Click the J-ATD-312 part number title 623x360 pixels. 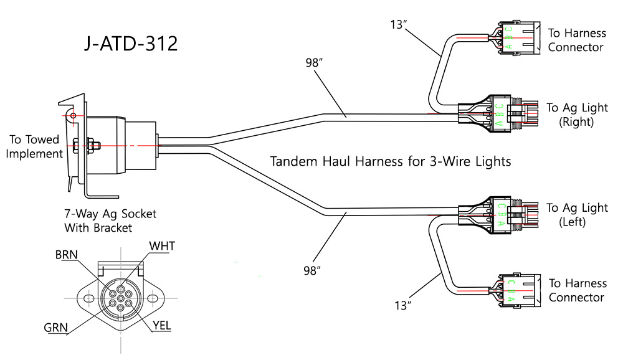[x=131, y=44]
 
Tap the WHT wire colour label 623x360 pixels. [x=161, y=246]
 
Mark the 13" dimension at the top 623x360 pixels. [x=399, y=25]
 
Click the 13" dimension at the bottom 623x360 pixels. [x=404, y=305]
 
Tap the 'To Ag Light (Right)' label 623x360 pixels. [x=577, y=115]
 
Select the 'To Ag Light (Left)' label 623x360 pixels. [x=577, y=214]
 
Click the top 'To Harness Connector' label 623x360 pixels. [x=576, y=39]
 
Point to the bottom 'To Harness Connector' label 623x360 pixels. [x=577, y=290]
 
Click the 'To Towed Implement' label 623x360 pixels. [x=35, y=146]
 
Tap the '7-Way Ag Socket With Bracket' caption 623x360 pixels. [x=110, y=220]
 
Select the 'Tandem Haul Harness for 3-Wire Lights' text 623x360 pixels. [x=391, y=161]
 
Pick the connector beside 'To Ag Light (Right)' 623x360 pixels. [x=498, y=113]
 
